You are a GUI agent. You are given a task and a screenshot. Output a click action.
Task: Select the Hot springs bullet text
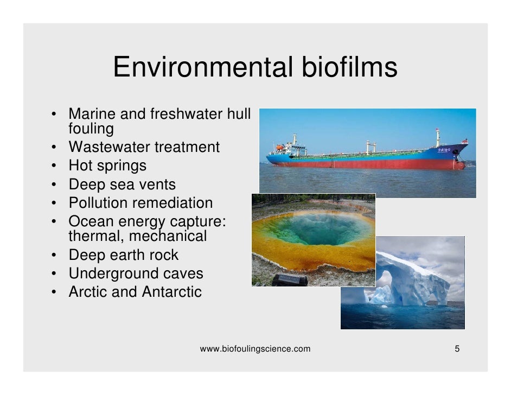coord(107,165)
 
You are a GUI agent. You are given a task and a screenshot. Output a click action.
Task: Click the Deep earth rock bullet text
coord(123,255)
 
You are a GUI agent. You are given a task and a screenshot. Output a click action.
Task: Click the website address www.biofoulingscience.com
coord(255,349)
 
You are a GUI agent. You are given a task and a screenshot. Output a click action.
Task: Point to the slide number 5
coord(457,349)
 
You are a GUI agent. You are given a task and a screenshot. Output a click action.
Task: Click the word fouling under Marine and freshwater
coord(91,129)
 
